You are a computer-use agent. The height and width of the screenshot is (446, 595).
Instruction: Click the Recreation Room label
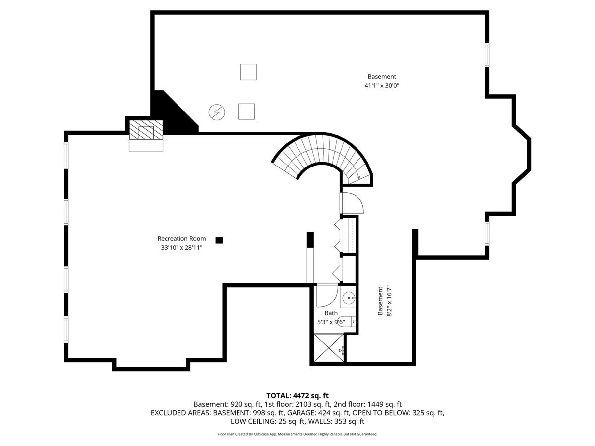tap(181, 238)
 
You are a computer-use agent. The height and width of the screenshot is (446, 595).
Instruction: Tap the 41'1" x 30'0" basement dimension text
tap(382, 86)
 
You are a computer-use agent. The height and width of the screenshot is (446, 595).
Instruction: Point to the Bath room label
tap(331, 313)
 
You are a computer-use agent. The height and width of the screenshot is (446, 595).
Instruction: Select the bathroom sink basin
tap(348, 298)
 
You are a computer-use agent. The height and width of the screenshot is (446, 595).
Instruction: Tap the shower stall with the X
tap(329, 348)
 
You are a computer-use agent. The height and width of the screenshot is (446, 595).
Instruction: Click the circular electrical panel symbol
tap(217, 112)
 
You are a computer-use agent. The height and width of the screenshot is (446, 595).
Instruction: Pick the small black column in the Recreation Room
tap(219, 240)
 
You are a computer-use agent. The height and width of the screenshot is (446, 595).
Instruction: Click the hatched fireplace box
tap(146, 130)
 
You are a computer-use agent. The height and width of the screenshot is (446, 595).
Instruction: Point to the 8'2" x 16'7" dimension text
tap(389, 301)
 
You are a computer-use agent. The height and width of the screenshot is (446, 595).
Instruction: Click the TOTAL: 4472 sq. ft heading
tap(297, 396)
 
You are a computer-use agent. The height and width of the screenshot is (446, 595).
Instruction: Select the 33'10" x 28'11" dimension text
tap(181, 247)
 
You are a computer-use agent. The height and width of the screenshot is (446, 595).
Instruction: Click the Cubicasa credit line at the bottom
tap(297, 434)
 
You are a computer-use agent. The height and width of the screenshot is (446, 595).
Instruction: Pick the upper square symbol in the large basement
tap(248, 72)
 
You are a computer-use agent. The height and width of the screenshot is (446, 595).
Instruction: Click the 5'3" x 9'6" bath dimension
tap(331, 322)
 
